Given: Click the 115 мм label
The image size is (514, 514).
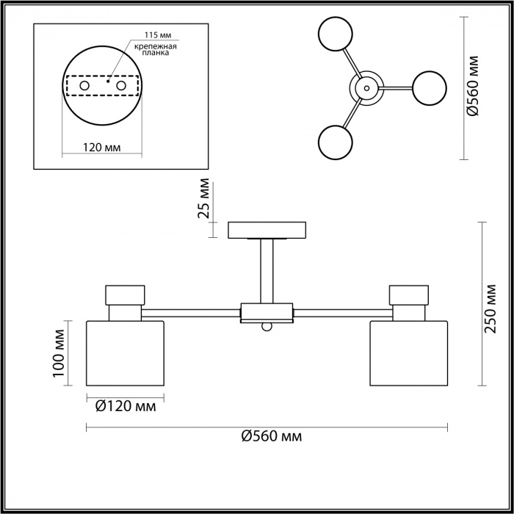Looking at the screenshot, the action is pyautogui.click(x=158, y=35).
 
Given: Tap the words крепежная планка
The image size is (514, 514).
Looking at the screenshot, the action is pyautogui.click(x=156, y=49).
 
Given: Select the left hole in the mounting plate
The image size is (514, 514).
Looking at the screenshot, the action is pyautogui.click(x=84, y=86).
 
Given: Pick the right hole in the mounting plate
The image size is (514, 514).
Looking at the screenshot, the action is pyautogui.click(x=121, y=86).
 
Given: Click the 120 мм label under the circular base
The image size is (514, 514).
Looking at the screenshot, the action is pyautogui.click(x=101, y=148).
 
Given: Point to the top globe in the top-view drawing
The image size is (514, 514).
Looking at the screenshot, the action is pyautogui.click(x=336, y=34).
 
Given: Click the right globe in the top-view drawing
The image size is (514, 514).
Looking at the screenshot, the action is pyautogui.click(x=430, y=88).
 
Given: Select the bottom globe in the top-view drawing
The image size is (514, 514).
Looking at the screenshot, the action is pyautogui.click(x=336, y=142).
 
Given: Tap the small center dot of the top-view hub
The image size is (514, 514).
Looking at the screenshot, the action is pyautogui.click(x=366, y=88).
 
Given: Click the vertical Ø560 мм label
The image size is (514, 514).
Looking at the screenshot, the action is pyautogui.click(x=473, y=86).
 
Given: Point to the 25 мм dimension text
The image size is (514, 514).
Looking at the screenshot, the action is pyautogui.click(x=203, y=198).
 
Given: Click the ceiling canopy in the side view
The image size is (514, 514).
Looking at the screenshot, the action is pyautogui.click(x=267, y=230).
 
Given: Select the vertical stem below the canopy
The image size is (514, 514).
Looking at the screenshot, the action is pyautogui.click(x=267, y=271).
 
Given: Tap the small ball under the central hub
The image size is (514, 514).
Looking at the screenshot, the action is pyautogui.click(x=267, y=327).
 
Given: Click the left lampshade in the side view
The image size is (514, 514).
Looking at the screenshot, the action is pyautogui.click(x=125, y=353).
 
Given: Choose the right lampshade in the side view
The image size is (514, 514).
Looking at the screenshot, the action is pyautogui.click(x=409, y=353).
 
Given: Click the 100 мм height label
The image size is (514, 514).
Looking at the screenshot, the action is pyautogui.click(x=59, y=353).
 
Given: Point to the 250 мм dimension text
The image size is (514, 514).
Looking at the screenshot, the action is pyautogui.click(x=491, y=309).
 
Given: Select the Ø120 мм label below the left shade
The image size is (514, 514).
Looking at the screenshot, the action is pyautogui.click(x=126, y=407).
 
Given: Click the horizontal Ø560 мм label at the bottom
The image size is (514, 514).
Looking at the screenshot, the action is pyautogui.click(x=272, y=436).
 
